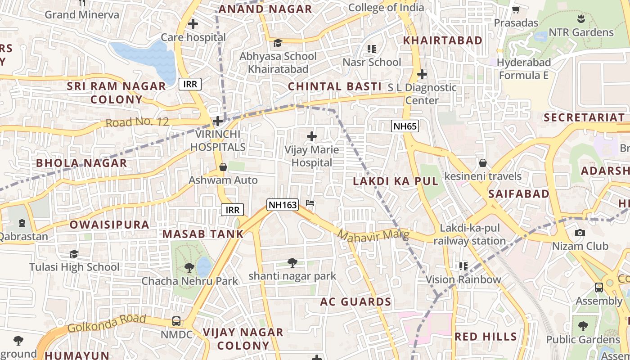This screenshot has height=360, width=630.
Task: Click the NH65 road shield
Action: [405, 126]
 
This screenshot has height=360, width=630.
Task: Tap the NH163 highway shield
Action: [283, 205]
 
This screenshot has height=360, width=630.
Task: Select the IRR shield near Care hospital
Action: [190, 84]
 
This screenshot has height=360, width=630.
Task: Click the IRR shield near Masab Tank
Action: [232, 210]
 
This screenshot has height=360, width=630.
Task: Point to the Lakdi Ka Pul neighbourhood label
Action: [396, 181]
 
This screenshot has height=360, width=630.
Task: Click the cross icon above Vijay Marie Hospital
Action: [311, 136]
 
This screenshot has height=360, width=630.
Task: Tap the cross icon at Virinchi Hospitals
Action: [218, 121]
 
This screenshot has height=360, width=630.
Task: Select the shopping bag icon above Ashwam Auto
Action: [223, 167]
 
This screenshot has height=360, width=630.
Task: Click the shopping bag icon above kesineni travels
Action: [483, 163]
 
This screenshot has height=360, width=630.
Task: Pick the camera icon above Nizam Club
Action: [580, 233]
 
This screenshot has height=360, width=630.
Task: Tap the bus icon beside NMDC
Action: [176, 321]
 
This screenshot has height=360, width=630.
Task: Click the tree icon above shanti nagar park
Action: [292, 262]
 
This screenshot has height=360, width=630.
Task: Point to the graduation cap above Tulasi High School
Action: [74, 254]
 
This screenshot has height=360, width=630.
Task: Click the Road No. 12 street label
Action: [137, 122]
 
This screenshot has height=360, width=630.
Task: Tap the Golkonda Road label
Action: [107, 323]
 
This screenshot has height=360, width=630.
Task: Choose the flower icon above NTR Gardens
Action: [580, 19]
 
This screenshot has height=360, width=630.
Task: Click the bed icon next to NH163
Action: [310, 203]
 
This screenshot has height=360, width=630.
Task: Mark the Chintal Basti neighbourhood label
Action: [334, 86]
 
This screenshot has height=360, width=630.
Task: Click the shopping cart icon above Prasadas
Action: [516, 9]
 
